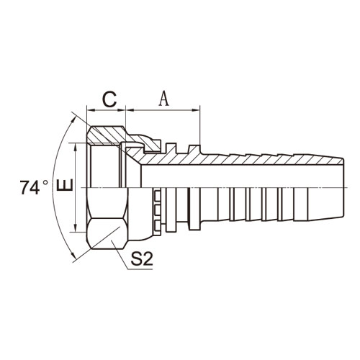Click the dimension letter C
tap(109, 99)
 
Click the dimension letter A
tap(164, 99)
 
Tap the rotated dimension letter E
tap(65, 185)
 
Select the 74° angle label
tap(34, 187)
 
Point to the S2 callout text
tap(142, 258)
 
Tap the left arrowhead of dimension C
tap(91, 110)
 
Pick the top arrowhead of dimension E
tap(76, 147)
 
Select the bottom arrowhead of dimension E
tap(76, 228)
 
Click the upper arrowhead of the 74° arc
tap(74, 120)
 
